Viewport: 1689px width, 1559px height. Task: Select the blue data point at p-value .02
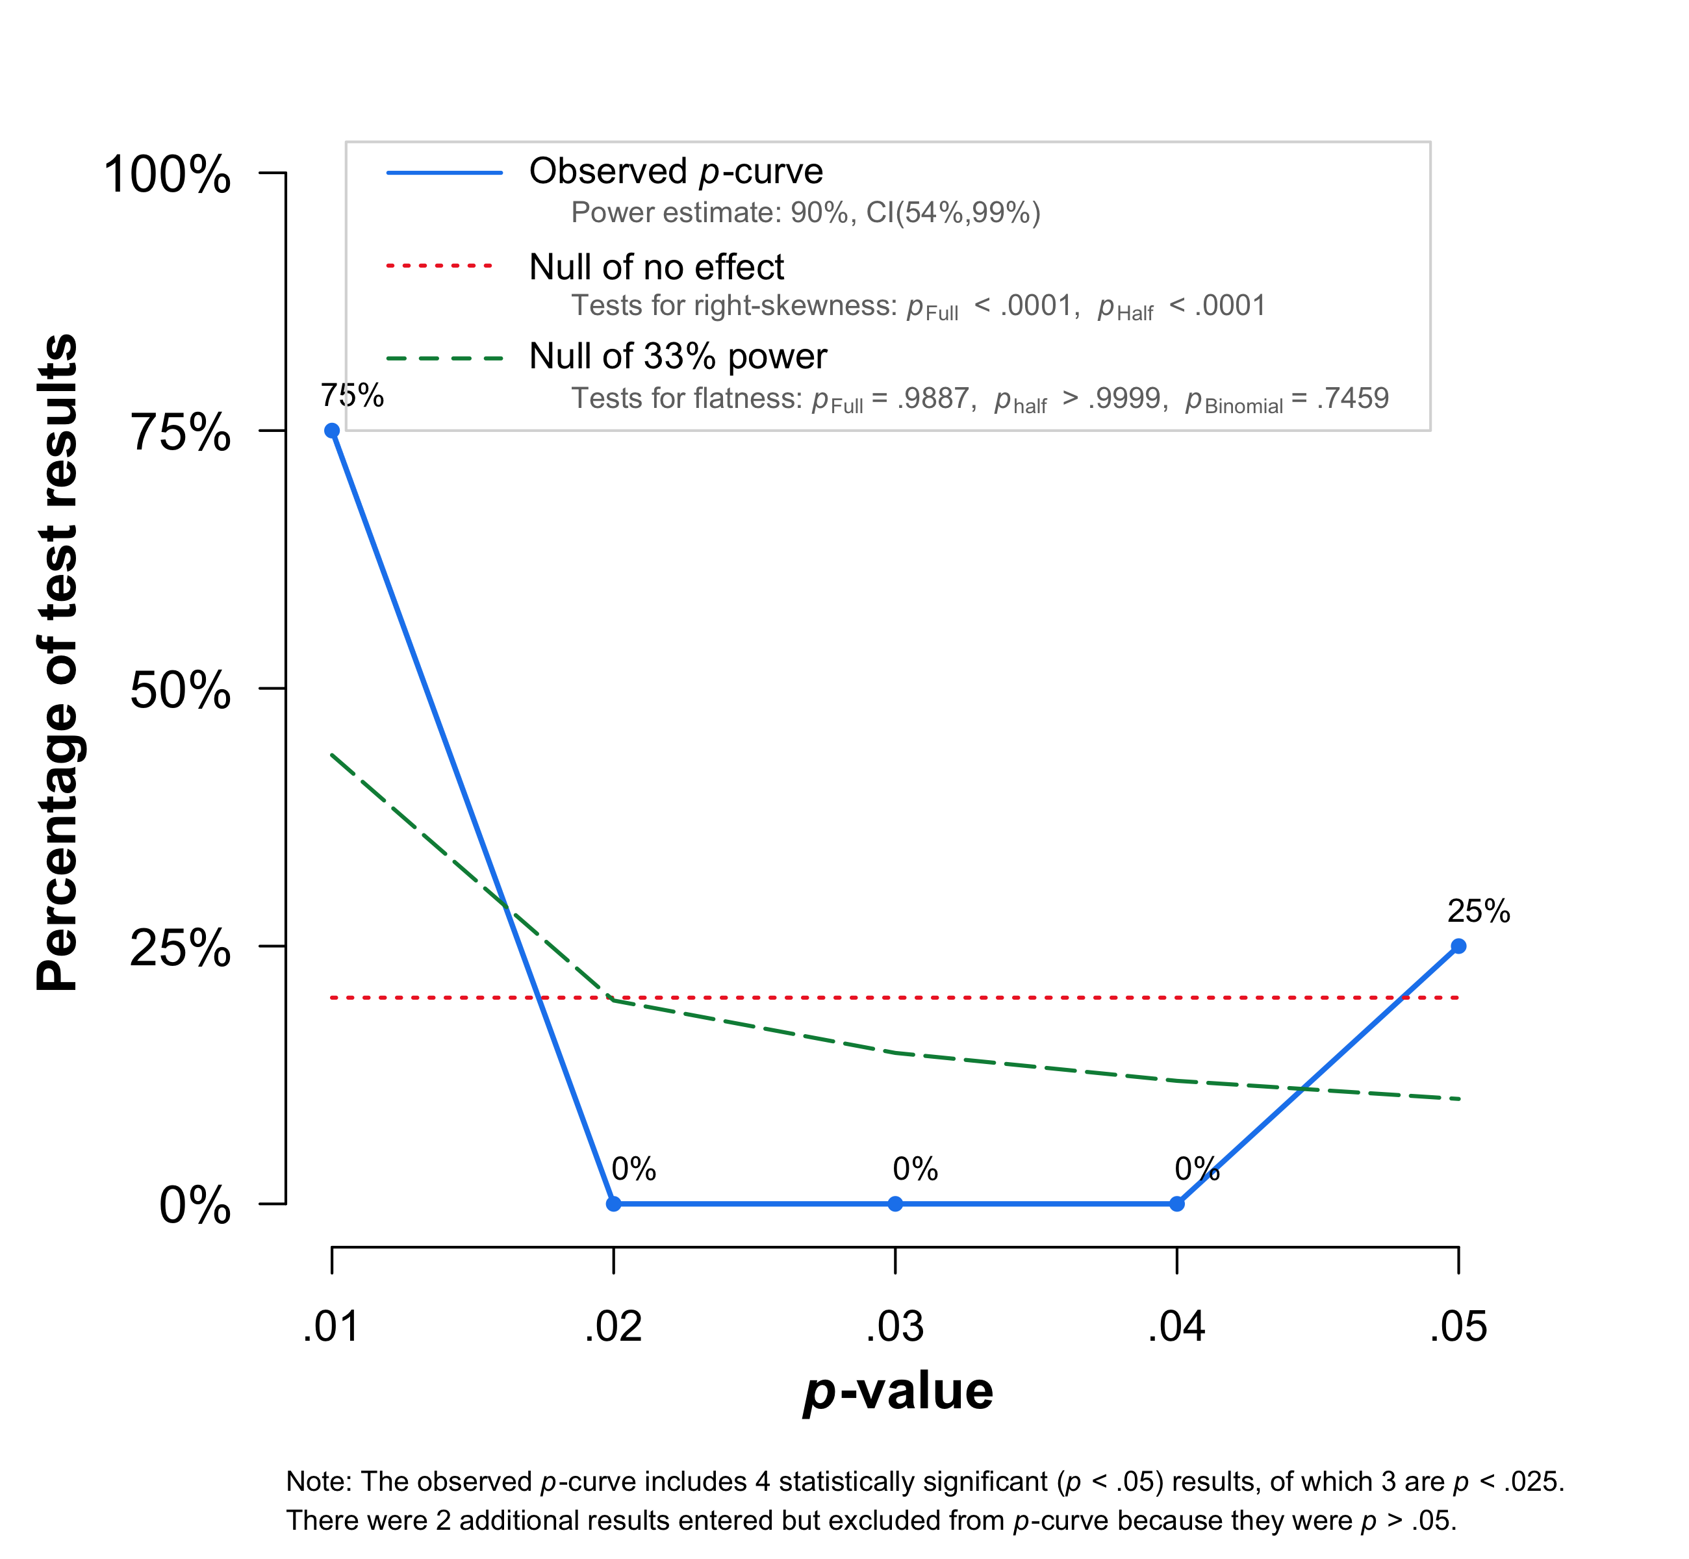click(x=614, y=1204)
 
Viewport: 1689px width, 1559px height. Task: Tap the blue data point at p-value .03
click(x=895, y=1204)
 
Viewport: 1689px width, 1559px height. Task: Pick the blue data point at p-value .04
click(x=1177, y=1204)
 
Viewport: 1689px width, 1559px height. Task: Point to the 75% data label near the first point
click(x=352, y=395)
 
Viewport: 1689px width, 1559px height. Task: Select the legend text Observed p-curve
click(x=675, y=171)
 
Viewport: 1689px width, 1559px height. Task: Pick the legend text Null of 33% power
click(x=678, y=356)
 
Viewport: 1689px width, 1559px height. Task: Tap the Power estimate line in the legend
click(x=806, y=212)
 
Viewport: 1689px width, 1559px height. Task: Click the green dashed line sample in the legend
click(x=444, y=359)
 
